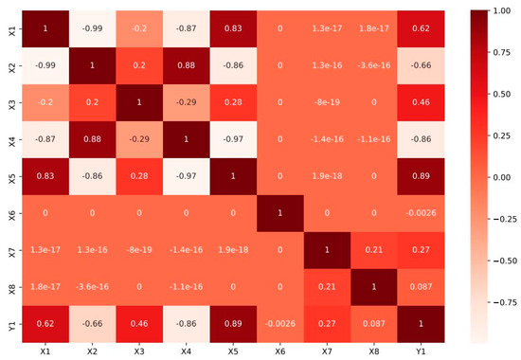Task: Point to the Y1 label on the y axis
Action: (x=9, y=327)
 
